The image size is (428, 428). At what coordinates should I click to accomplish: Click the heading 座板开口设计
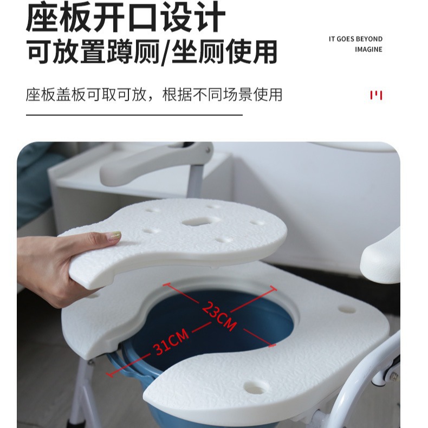pyautogui.click(x=125, y=17)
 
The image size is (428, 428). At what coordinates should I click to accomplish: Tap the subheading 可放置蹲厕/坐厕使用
pyautogui.click(x=152, y=52)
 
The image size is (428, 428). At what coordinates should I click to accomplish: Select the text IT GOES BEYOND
pyautogui.click(x=355, y=39)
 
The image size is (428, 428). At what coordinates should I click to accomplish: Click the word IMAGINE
pyautogui.click(x=368, y=49)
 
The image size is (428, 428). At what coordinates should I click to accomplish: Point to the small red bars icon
pyautogui.click(x=376, y=95)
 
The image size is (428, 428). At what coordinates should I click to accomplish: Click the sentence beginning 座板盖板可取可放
pyautogui.click(x=154, y=95)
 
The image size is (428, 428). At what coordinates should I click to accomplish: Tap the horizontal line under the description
pyautogui.click(x=134, y=115)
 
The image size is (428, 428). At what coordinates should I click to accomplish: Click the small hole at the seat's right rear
pyautogui.click(x=347, y=310)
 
